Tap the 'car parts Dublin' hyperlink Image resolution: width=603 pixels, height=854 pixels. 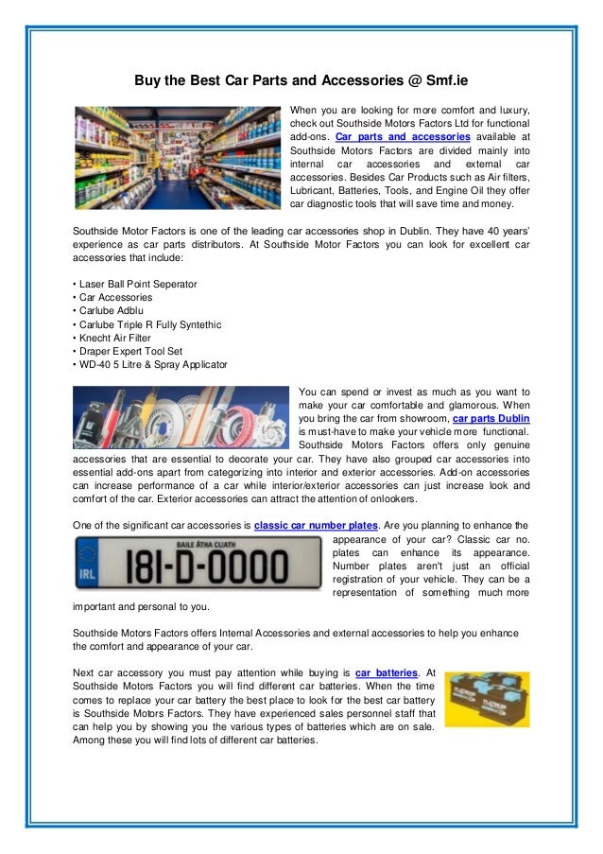[x=491, y=418]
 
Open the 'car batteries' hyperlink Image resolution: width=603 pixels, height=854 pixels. [x=385, y=672]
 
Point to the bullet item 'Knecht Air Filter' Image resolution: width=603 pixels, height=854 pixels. [x=115, y=338]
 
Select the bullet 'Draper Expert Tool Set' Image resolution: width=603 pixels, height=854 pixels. [x=129, y=352]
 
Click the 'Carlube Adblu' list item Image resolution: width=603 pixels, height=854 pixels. [x=109, y=311]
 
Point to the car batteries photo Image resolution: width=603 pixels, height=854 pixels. [x=487, y=698]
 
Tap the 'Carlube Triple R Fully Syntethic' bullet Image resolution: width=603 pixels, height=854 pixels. [x=149, y=324]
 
